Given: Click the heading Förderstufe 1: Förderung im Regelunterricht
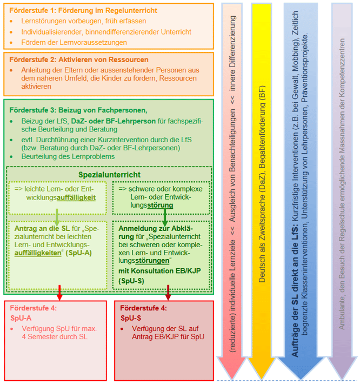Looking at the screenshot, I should coord(84,10).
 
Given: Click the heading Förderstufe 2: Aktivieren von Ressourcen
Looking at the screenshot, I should coord(79,59).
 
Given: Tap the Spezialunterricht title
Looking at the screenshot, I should coord(109,175).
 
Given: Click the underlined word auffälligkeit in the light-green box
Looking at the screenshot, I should coord(77,198).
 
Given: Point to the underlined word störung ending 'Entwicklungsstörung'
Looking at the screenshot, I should coord(161,206).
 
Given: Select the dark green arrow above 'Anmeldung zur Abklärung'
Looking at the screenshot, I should coord(164,217).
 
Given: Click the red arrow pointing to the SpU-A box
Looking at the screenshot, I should coord(59,293).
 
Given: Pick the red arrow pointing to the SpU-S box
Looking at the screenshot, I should coord(168,293).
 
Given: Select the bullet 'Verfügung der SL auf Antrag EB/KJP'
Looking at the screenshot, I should coord(168,333).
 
